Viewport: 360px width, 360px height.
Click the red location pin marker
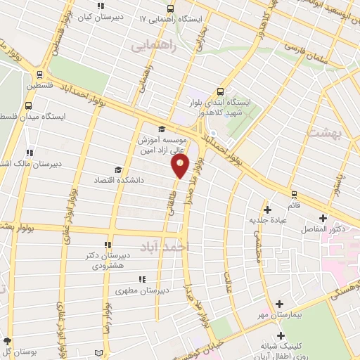click(x=181, y=166)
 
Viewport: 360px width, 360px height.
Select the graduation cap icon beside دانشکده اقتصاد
click(x=118, y=170)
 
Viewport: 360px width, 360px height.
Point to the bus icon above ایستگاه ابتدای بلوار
click(x=221, y=91)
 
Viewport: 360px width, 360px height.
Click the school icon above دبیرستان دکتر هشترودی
click(x=108, y=245)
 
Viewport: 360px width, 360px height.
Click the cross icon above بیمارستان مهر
click(x=281, y=303)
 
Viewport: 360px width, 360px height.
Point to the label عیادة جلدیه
click(x=267, y=220)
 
